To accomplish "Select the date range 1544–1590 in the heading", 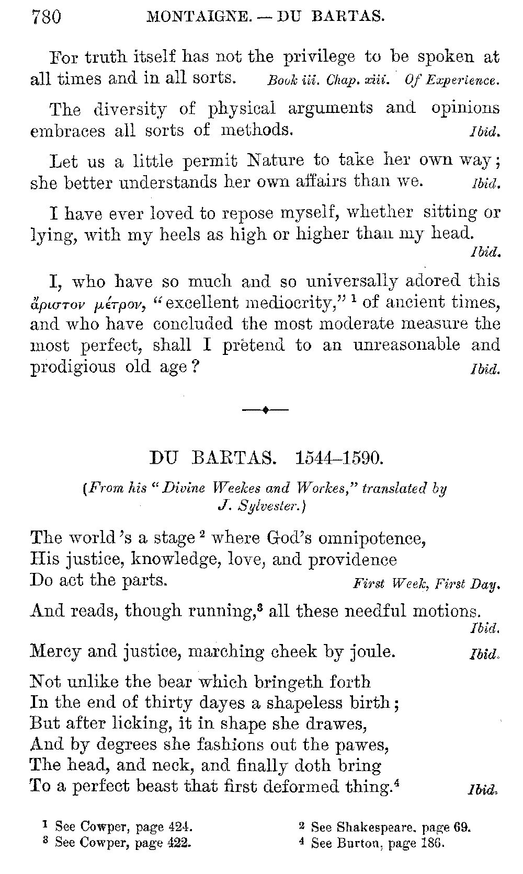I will click(339, 458).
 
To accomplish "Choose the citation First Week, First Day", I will click(426, 584).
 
